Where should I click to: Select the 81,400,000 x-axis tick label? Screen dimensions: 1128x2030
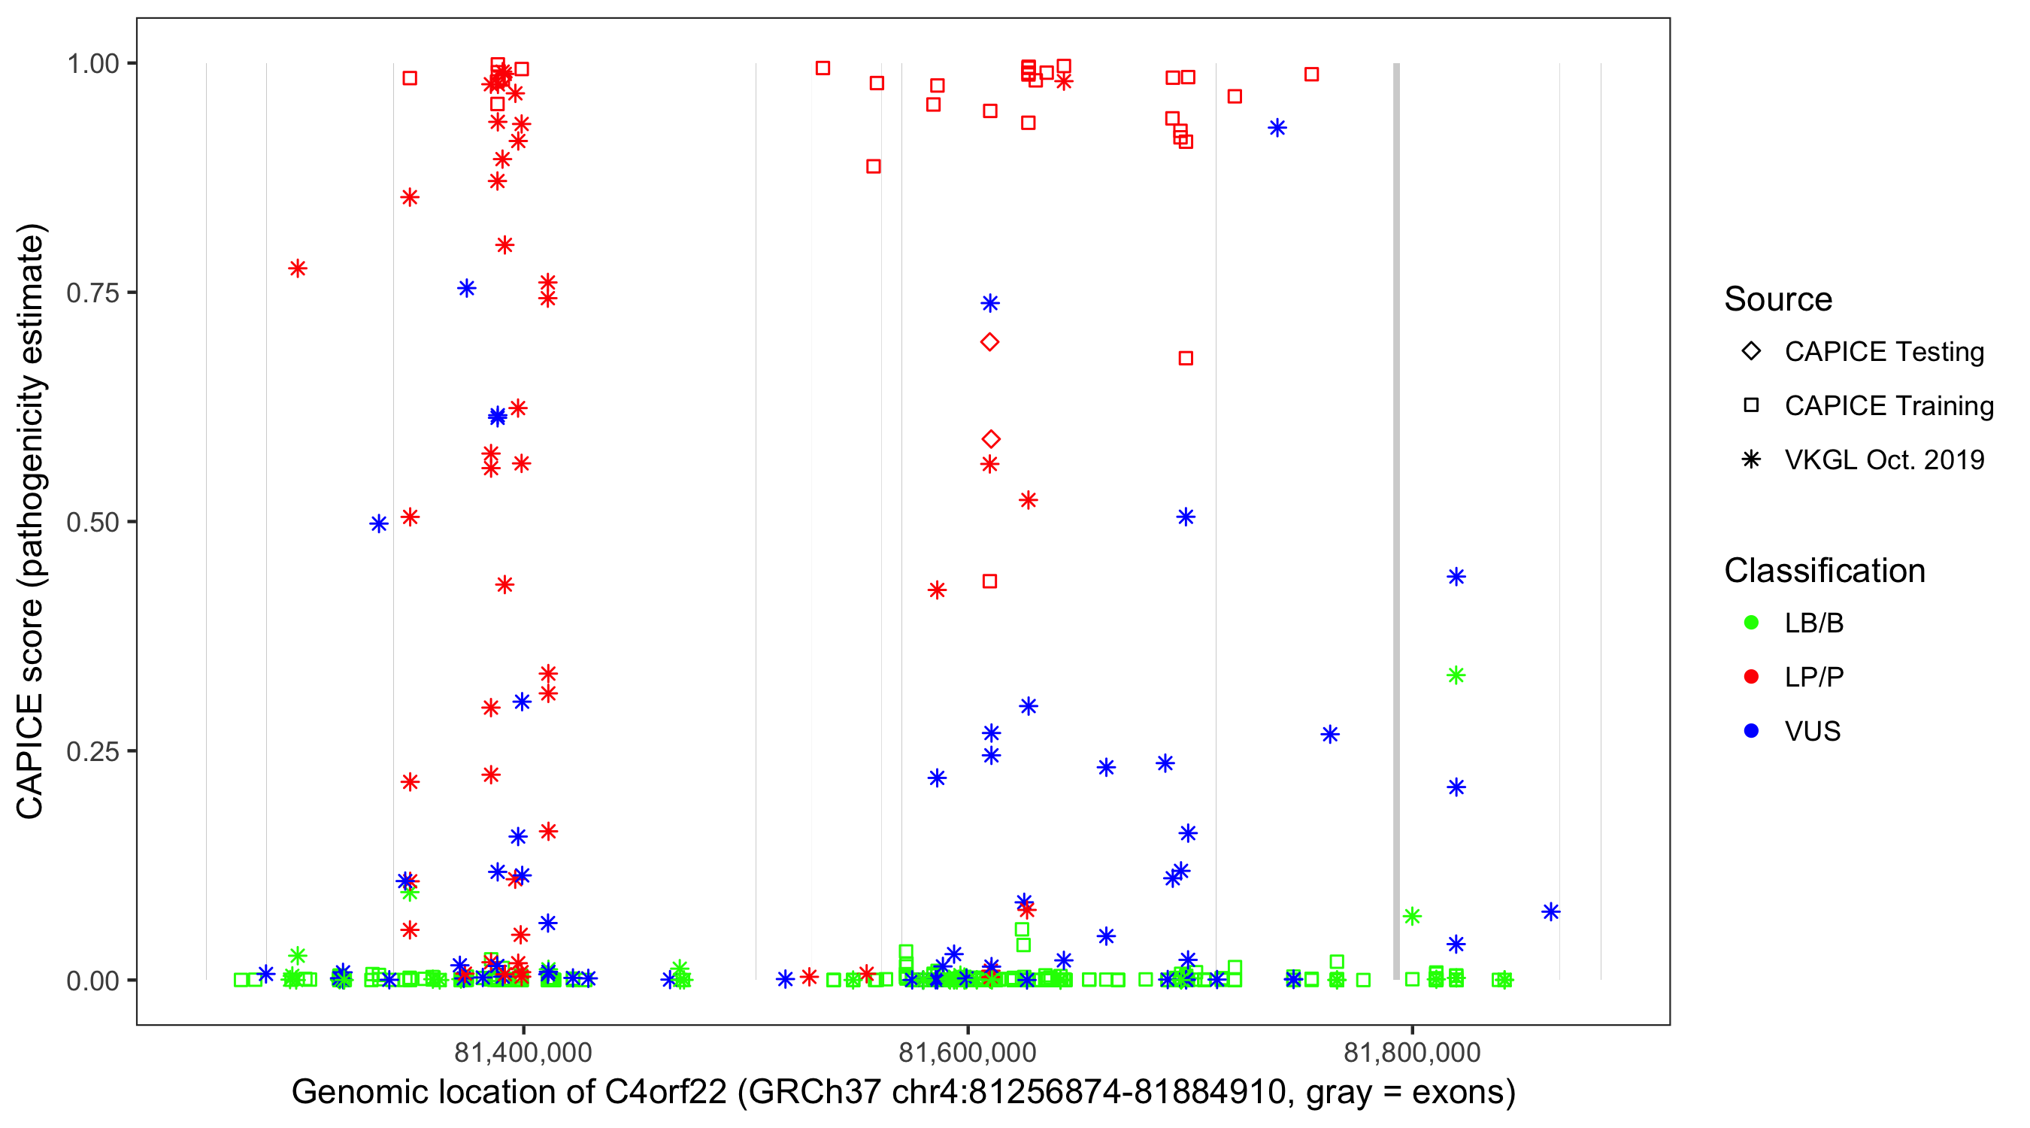tap(523, 1052)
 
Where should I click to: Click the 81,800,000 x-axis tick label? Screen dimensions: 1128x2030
tap(1411, 1052)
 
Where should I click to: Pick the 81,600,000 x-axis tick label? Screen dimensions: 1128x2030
tap(967, 1052)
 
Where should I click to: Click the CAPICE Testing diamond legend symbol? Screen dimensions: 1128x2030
tap(1751, 352)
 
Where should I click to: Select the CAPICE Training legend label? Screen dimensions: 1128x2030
tap(1889, 406)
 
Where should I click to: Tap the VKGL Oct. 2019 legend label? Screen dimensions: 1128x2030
tap(1884, 460)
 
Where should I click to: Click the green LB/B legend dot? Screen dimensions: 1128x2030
tap(1751, 623)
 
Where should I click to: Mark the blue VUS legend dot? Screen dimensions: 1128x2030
tap(1751, 732)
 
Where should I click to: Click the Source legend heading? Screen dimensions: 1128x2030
tap(1778, 299)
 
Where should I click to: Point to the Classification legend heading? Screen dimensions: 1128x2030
tap(1824, 571)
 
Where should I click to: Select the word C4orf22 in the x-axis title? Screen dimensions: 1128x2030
tap(665, 1093)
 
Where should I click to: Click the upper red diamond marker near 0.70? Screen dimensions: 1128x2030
tap(989, 342)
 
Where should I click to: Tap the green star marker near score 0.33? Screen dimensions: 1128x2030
tap(1456, 675)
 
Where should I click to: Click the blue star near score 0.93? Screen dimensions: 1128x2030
tap(1277, 129)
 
